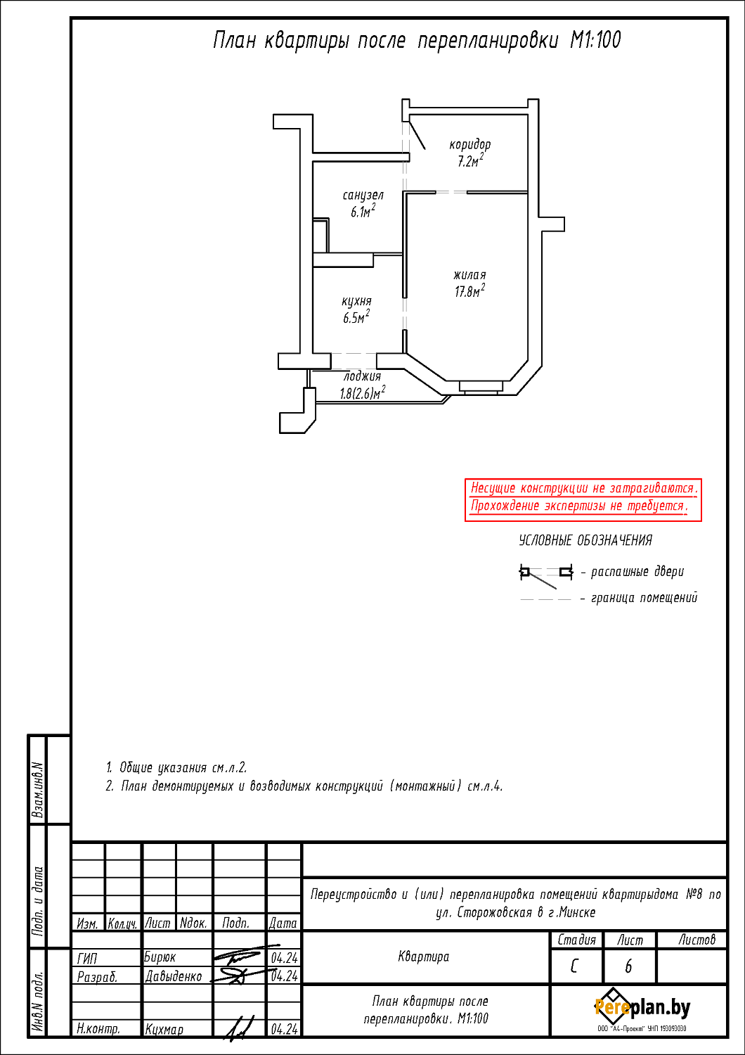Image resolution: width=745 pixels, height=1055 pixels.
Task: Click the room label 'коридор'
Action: point(469,144)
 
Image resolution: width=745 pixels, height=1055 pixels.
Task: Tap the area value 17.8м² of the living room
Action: point(469,290)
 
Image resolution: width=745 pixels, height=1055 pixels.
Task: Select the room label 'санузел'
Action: point(363,195)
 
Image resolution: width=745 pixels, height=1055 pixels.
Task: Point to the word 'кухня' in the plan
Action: point(357,302)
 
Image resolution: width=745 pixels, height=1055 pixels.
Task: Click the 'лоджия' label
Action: point(362,376)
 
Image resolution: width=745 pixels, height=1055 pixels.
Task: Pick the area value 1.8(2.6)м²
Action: point(363,392)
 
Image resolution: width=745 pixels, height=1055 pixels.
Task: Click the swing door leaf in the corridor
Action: point(417,135)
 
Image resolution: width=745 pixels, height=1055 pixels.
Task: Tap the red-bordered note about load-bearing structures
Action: point(583,499)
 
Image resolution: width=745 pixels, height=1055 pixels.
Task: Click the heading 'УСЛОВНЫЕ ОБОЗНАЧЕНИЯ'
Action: point(585,540)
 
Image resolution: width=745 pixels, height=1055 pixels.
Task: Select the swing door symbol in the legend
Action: point(546,575)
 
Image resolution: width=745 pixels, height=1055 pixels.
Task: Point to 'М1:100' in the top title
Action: point(595,40)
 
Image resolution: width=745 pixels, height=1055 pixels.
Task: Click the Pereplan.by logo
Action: point(642,1008)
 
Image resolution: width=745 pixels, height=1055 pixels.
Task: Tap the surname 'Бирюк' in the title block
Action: point(160,957)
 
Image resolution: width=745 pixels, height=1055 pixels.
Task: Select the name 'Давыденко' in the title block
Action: point(174,976)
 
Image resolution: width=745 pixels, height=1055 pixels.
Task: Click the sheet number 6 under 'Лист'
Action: point(628,966)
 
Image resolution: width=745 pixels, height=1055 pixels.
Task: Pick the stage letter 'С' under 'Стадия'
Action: point(574,966)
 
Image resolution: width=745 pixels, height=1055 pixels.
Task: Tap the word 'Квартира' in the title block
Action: point(424,957)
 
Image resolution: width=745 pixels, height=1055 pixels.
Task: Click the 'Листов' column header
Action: point(697,940)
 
